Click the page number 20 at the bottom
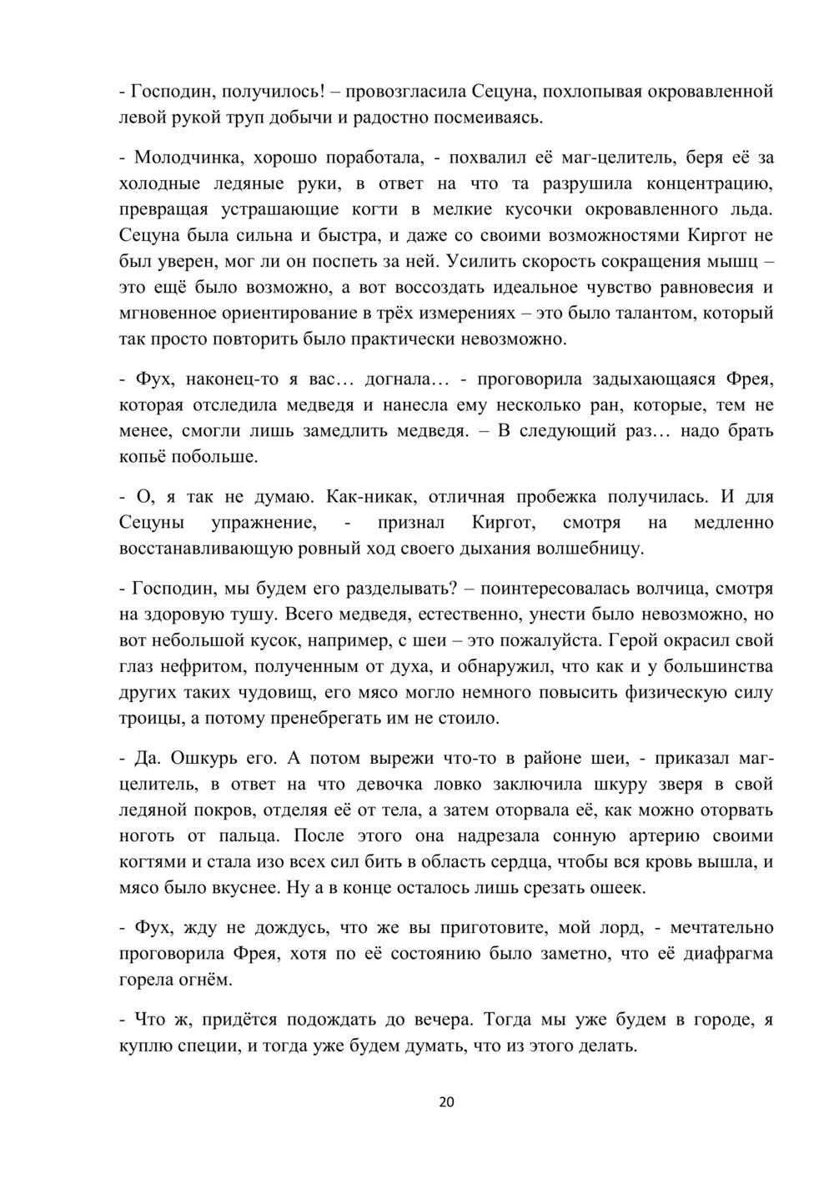pos(446,1102)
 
